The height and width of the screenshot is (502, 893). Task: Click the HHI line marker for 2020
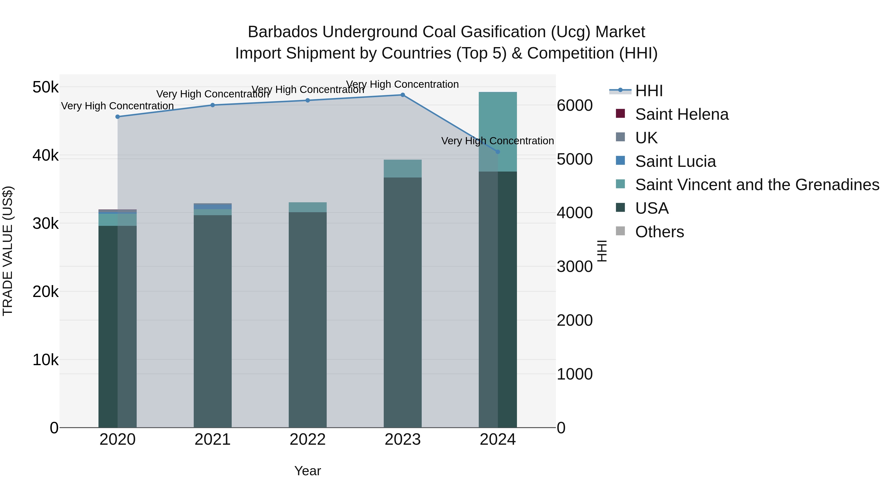pos(118,117)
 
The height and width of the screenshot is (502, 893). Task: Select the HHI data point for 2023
pos(403,95)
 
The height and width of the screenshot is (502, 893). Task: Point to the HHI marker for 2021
pos(213,105)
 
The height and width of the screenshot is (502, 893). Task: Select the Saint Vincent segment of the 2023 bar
pos(403,169)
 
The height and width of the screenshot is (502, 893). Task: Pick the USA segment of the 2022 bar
pos(308,319)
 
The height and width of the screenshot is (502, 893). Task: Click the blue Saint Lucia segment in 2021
pos(213,207)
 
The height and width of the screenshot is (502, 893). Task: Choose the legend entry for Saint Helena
pos(682,114)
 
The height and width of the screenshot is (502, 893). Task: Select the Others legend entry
pos(659,232)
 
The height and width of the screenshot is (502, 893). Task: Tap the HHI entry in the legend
pos(649,91)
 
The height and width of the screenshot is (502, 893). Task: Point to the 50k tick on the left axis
pos(45,87)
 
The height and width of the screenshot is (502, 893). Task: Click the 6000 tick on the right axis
pos(574,105)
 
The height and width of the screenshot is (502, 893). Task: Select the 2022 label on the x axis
pos(308,440)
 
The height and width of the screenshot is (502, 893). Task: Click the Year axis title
pos(308,471)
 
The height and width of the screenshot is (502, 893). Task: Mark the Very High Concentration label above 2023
pos(403,84)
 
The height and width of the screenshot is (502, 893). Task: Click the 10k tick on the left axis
pos(45,360)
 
